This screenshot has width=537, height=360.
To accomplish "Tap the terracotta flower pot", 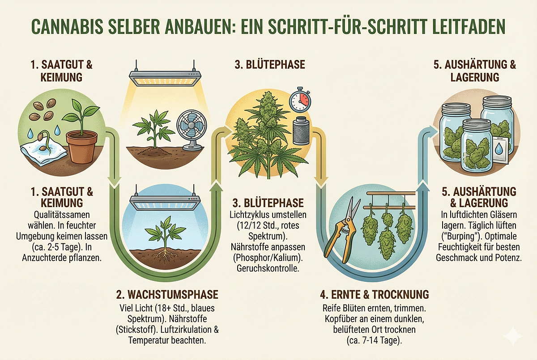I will pos(81,146).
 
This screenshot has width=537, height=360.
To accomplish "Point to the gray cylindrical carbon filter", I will pos(302,128).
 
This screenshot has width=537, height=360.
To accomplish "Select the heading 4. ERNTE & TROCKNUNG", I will pos(375,295).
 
